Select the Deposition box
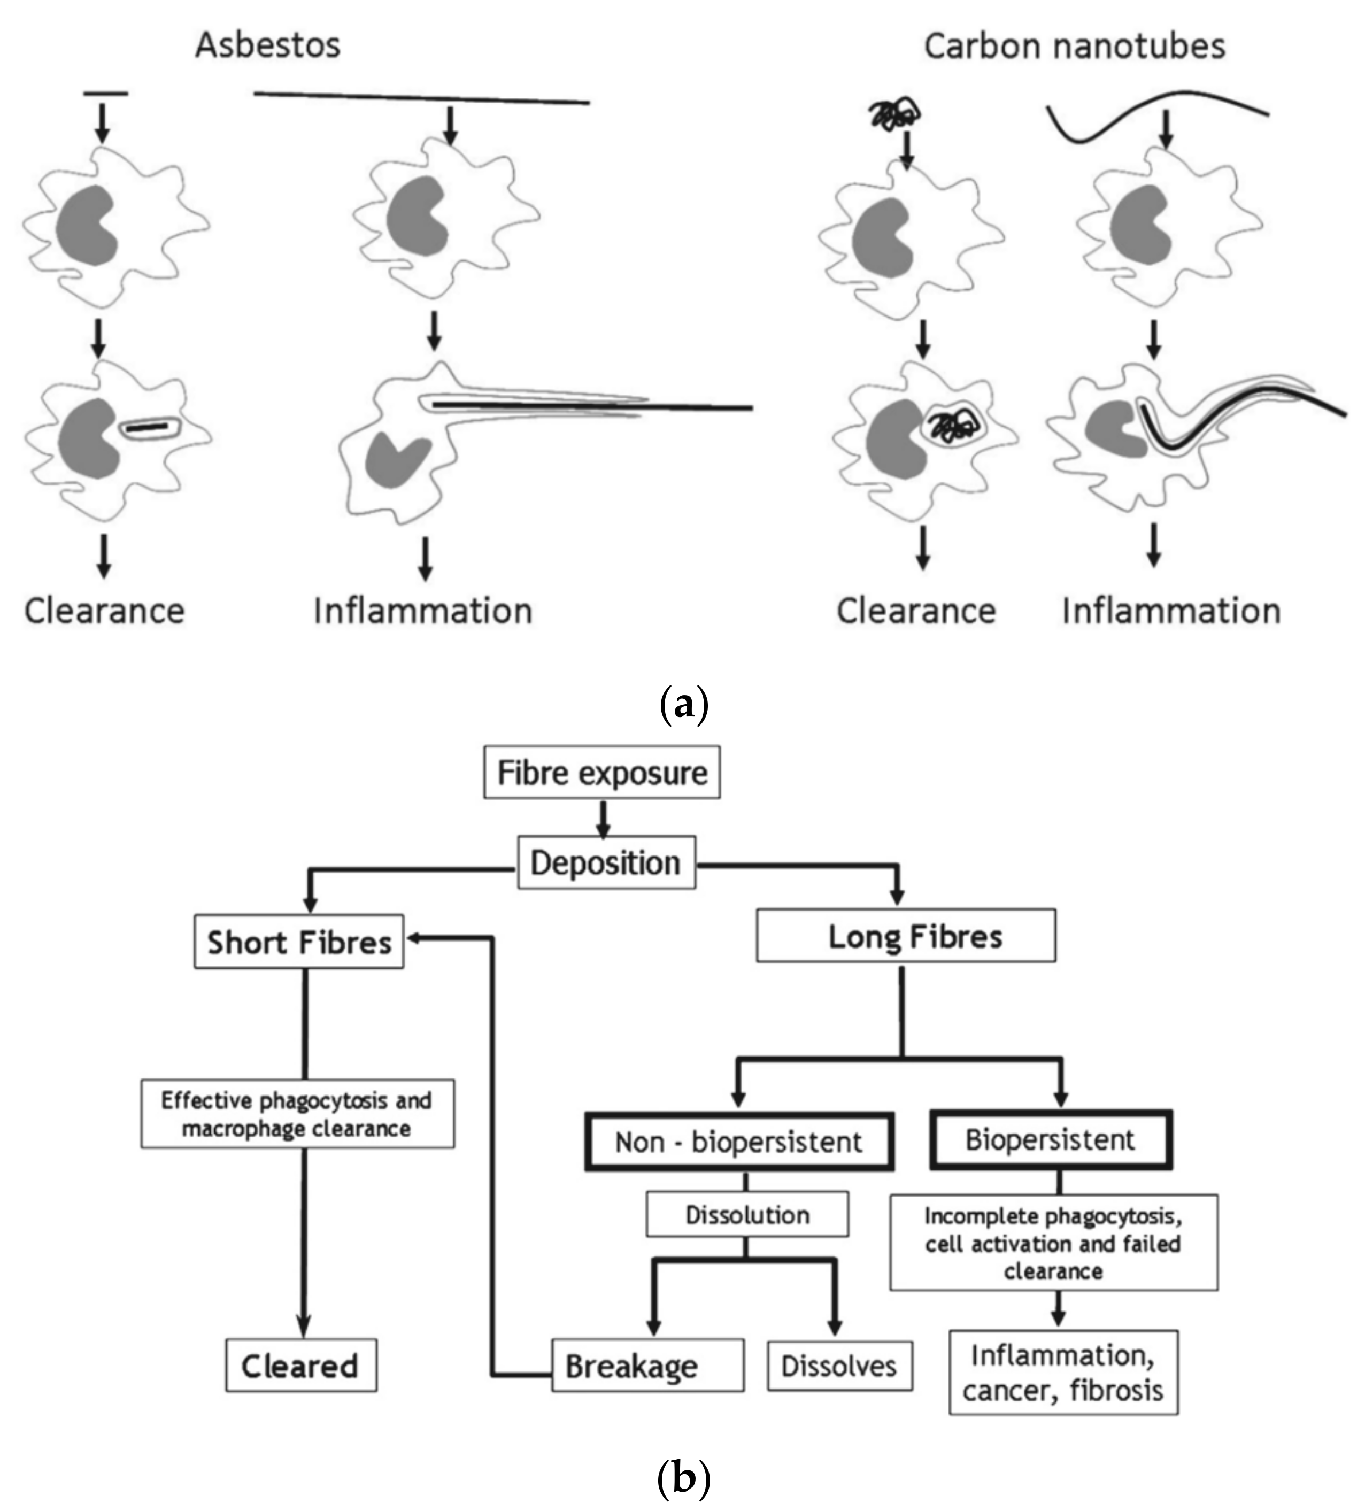[x=606, y=862]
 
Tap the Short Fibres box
[x=298, y=942]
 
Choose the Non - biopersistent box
[x=738, y=1142]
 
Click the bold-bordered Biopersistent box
[x=1050, y=1140]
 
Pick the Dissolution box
[x=746, y=1214]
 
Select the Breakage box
[x=647, y=1366]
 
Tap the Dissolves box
[x=839, y=1366]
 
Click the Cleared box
[x=300, y=1366]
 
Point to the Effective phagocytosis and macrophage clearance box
[x=297, y=1114]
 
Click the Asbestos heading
[x=268, y=45]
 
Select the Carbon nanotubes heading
[x=1074, y=47]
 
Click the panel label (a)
[x=683, y=705]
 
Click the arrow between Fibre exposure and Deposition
[x=603, y=819]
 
